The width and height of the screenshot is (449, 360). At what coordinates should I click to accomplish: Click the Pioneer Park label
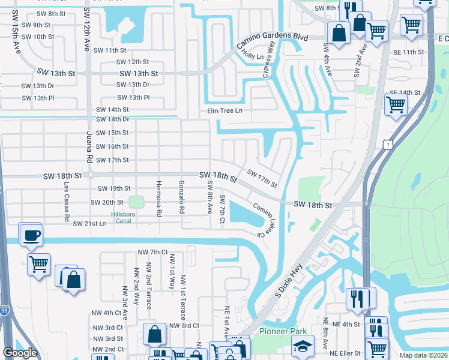pos(283,331)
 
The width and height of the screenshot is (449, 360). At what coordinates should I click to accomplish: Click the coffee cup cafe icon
pos(31,235)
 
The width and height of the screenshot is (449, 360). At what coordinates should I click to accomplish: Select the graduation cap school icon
pos(302,346)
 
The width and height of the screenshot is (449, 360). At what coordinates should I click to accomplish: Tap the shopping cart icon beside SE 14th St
pos(396,104)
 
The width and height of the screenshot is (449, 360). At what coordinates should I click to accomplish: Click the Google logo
pos(20,353)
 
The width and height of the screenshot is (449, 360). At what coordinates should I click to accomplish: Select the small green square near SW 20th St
pos(137,202)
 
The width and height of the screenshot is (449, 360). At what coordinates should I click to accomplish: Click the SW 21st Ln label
pos(89,223)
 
